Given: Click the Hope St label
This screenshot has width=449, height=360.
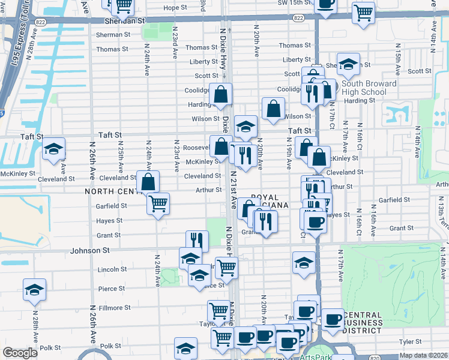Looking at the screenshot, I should (x=175, y=8).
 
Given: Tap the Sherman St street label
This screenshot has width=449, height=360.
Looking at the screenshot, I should (x=113, y=35).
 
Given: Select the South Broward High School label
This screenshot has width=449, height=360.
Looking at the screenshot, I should (x=369, y=88).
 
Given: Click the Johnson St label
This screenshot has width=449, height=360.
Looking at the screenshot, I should (x=90, y=250).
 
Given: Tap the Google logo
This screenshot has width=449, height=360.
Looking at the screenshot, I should (x=20, y=353).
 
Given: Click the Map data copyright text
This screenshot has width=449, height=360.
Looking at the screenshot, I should (x=423, y=355).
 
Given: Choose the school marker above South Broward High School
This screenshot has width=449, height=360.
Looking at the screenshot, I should (x=348, y=63).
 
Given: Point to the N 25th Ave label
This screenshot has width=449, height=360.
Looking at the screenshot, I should (x=121, y=154).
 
